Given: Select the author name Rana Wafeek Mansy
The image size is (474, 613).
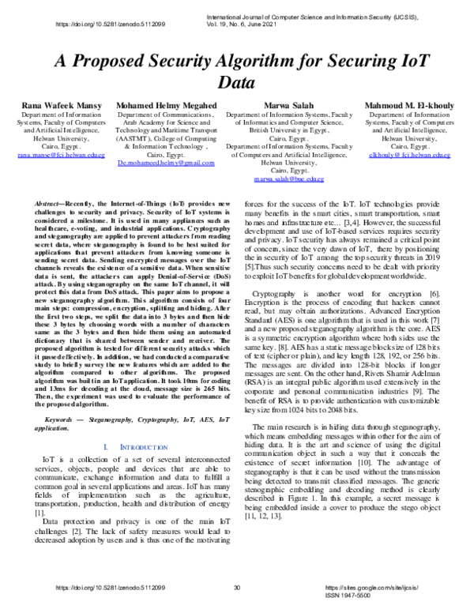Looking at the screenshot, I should click(56, 105).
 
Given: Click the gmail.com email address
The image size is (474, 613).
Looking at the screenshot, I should click(166, 163).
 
